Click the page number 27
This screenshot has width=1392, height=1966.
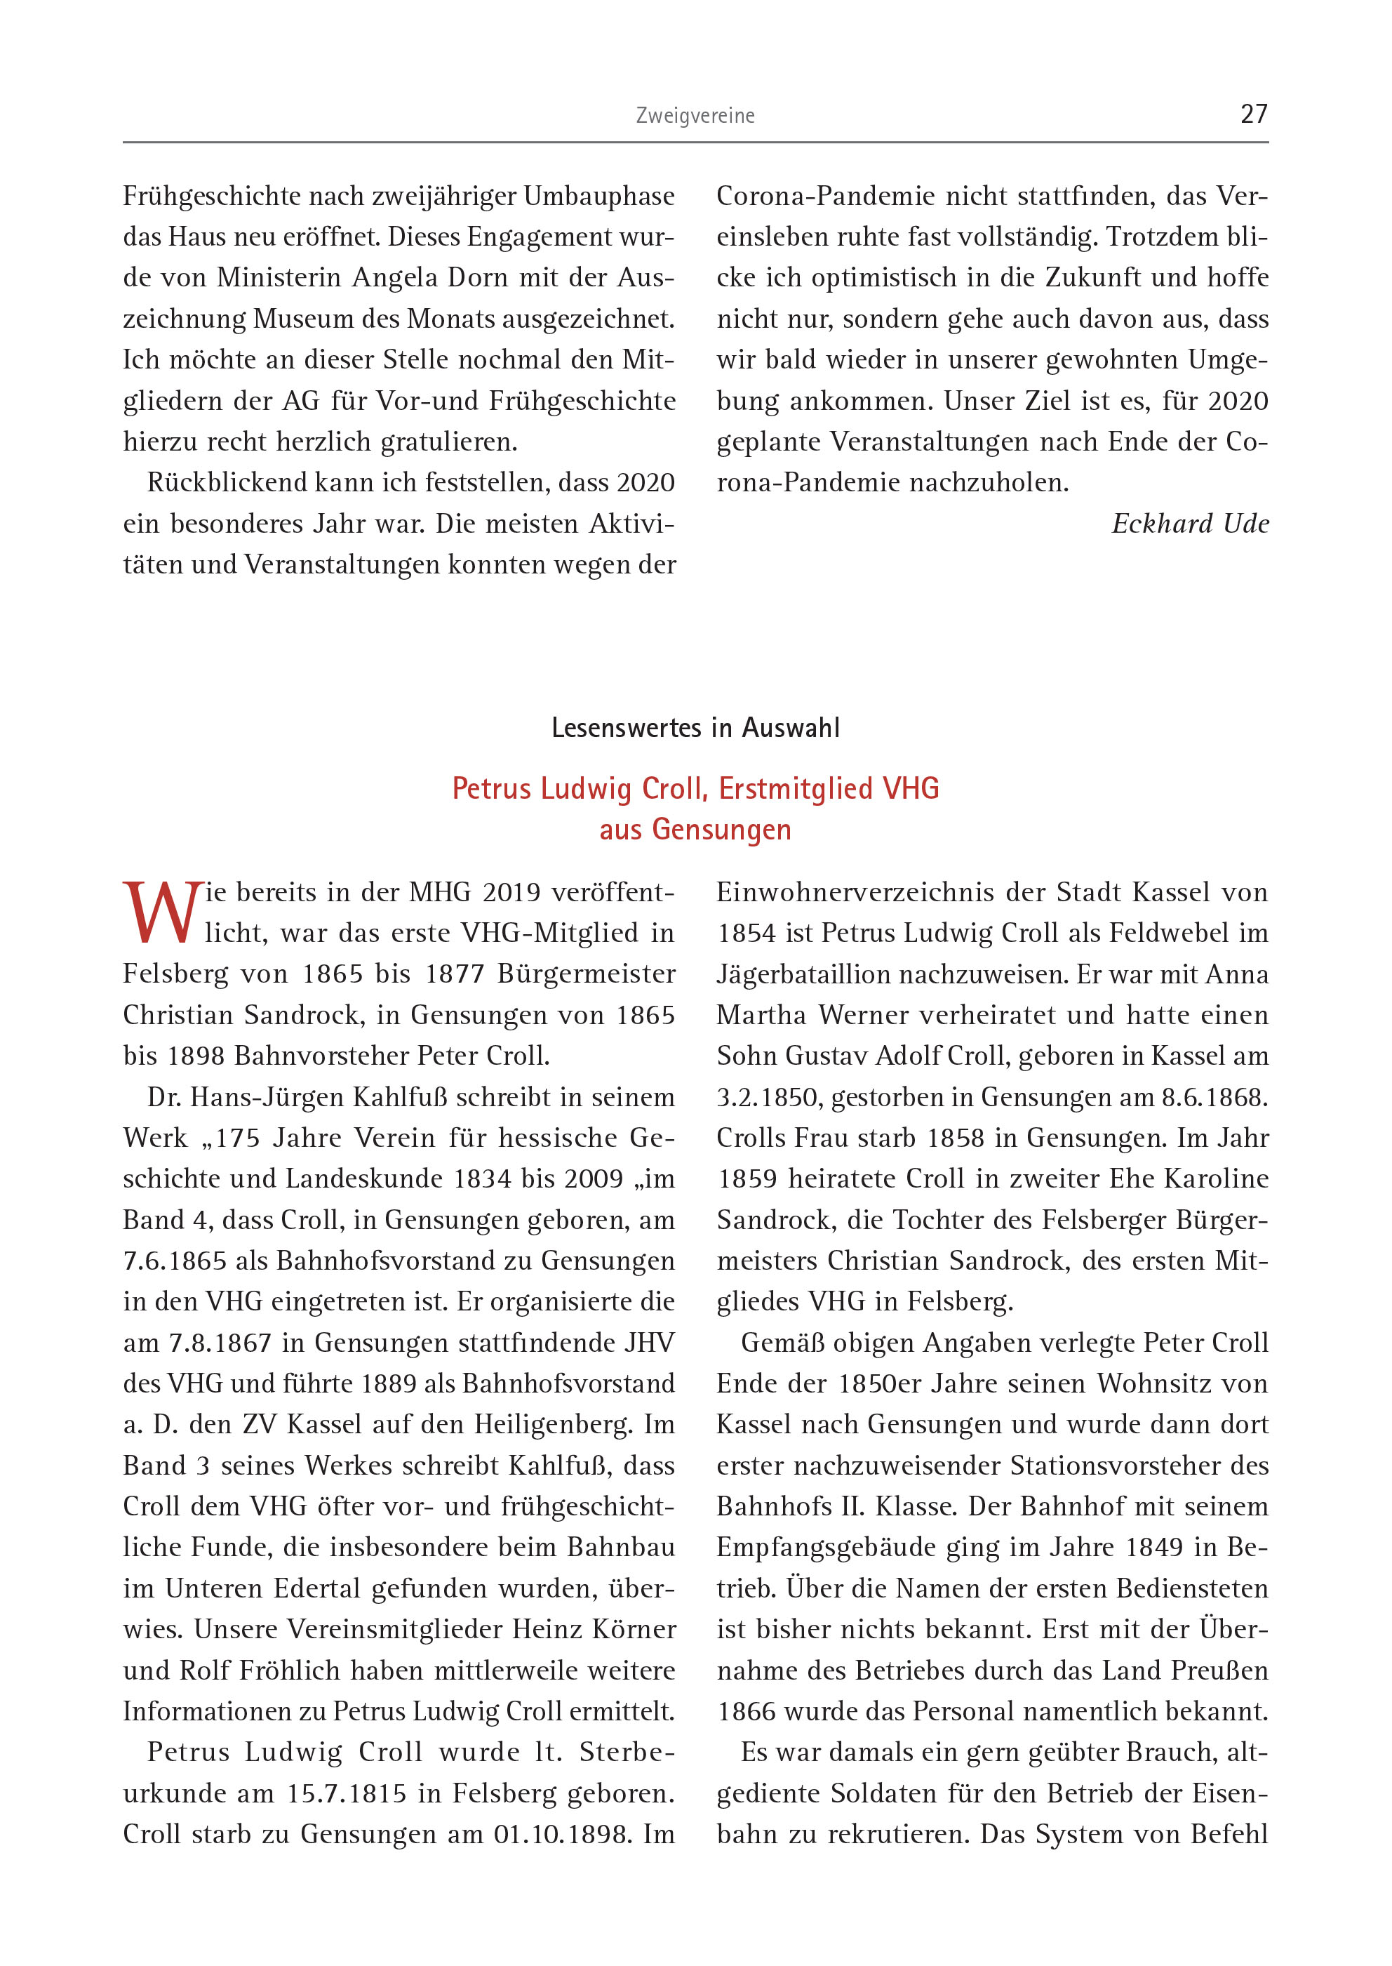1253,114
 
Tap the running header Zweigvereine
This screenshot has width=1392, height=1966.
695,116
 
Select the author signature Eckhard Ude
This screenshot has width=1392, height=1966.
1190,523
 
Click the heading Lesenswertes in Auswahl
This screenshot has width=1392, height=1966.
695,728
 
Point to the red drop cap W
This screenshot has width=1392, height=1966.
162,912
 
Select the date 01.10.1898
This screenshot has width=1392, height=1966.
562,1834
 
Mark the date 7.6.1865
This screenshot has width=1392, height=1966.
175,1261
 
